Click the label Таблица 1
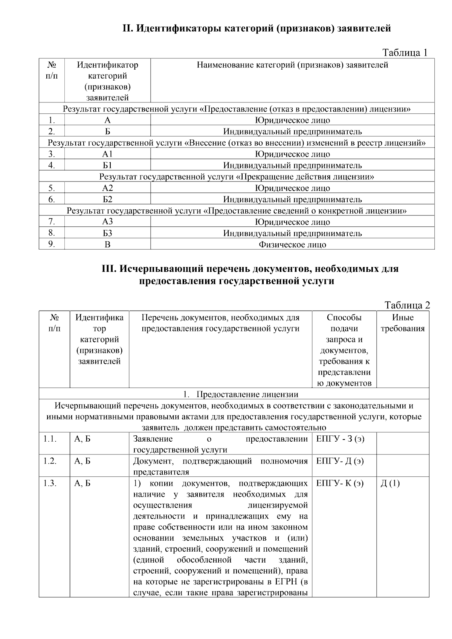click(405, 52)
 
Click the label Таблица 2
click(407, 305)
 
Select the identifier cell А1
click(107, 154)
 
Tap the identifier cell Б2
click(107, 199)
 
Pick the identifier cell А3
click(107, 222)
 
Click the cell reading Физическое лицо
click(292, 245)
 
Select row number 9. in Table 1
click(52, 244)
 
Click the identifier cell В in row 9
click(107, 245)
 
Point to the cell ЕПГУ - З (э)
click(340, 439)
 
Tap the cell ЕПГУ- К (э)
click(340, 483)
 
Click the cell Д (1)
click(390, 483)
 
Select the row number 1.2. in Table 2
click(50, 461)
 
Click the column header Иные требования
click(403, 323)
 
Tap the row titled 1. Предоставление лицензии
click(241, 394)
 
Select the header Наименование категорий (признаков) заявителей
click(292, 65)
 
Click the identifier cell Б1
click(107, 165)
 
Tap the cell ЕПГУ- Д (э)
click(340, 461)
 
